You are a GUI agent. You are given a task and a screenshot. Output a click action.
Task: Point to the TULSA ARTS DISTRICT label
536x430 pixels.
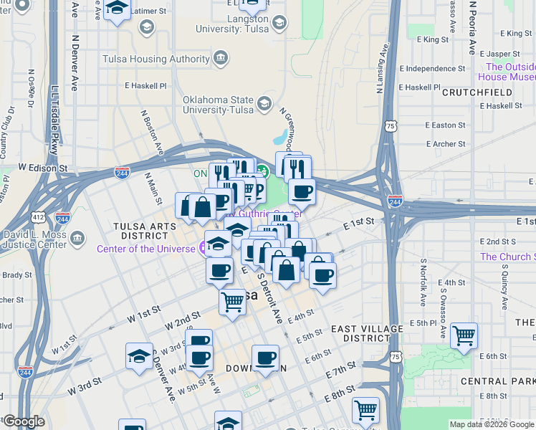coord(130,229)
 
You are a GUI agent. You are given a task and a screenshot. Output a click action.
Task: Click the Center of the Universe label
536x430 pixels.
coord(146,249)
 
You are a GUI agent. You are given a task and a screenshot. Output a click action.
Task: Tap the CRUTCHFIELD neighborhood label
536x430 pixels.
coord(477,92)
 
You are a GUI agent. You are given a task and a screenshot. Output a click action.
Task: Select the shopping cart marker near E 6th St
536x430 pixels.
coord(464,335)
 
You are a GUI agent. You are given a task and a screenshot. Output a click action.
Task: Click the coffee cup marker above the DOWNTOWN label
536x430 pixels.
coord(265,357)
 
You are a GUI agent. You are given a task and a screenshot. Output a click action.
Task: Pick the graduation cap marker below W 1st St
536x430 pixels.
coord(139,355)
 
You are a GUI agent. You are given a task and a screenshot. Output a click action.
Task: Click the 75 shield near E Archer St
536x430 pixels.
coord(390,125)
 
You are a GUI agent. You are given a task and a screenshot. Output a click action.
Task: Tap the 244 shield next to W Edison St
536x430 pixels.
coord(122,172)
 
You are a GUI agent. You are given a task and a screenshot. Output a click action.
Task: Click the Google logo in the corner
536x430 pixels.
coord(24,421)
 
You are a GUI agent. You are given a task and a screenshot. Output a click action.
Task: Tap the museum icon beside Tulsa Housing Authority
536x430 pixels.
coord(221,57)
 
